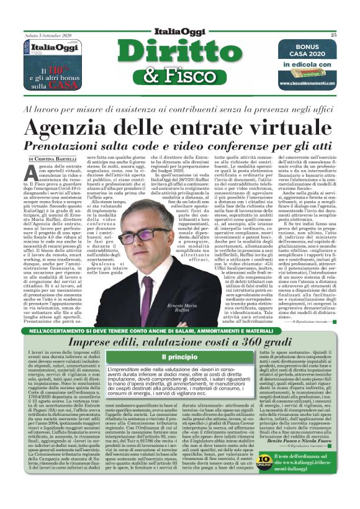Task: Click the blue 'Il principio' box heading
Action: click(x=179, y=358)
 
